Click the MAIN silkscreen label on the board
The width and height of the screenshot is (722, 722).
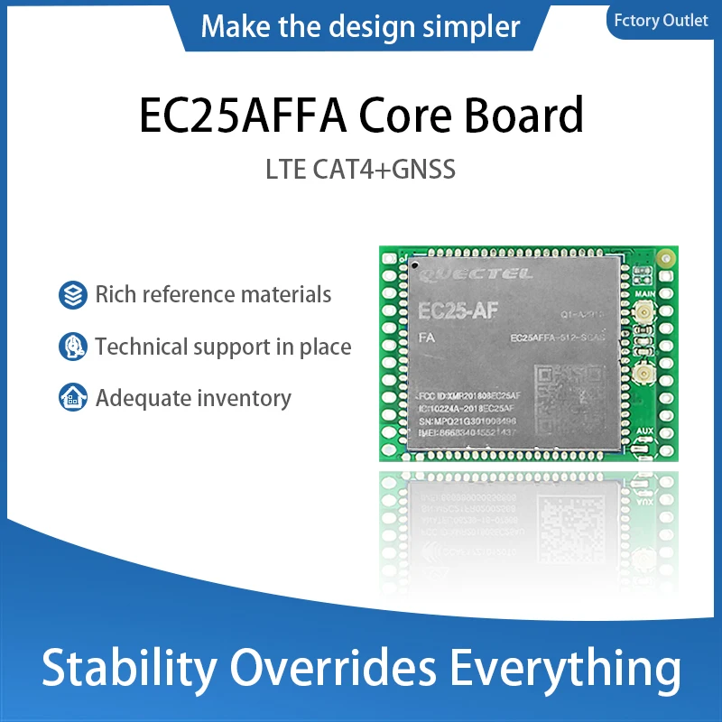[x=644, y=293]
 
